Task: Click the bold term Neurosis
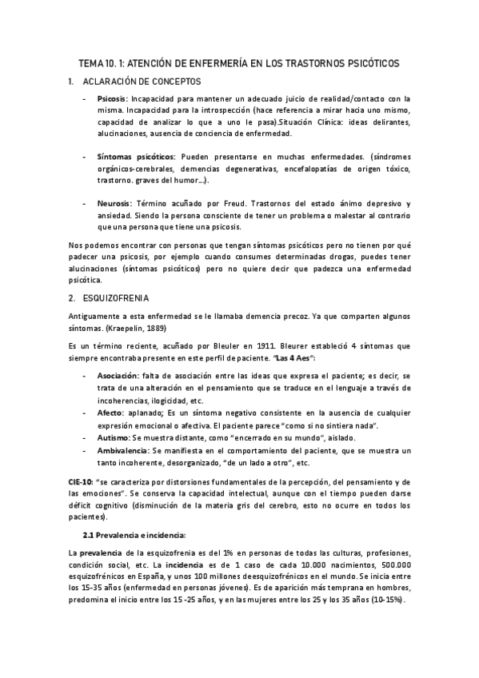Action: pos(114,204)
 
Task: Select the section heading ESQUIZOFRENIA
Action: pos(119,299)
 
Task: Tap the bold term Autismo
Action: pos(114,437)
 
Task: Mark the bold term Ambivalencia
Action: pos(122,451)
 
